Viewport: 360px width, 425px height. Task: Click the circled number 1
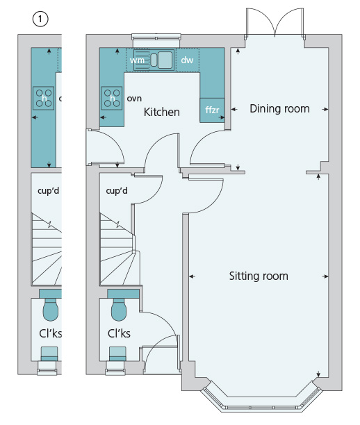click(40, 19)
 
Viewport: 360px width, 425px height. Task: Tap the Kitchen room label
click(162, 112)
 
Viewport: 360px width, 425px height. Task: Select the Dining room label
click(279, 109)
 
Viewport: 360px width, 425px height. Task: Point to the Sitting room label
click(259, 276)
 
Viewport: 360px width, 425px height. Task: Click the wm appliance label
click(137, 60)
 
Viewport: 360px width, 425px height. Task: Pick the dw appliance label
click(187, 60)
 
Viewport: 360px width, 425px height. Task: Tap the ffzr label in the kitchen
click(212, 110)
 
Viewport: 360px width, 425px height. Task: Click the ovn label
click(134, 99)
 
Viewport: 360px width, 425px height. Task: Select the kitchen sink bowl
click(165, 60)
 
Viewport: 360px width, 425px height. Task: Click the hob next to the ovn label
click(112, 98)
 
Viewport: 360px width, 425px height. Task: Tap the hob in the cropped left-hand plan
click(43, 98)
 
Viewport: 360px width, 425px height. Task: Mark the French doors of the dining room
click(275, 23)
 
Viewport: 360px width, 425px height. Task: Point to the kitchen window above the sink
click(156, 37)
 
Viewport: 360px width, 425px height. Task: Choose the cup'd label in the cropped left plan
click(48, 190)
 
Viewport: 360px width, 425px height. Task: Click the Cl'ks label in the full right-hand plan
click(119, 333)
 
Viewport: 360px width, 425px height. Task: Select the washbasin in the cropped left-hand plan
click(49, 354)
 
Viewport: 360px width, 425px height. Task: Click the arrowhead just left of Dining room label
click(234, 110)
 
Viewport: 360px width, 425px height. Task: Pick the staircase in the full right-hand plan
click(120, 249)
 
